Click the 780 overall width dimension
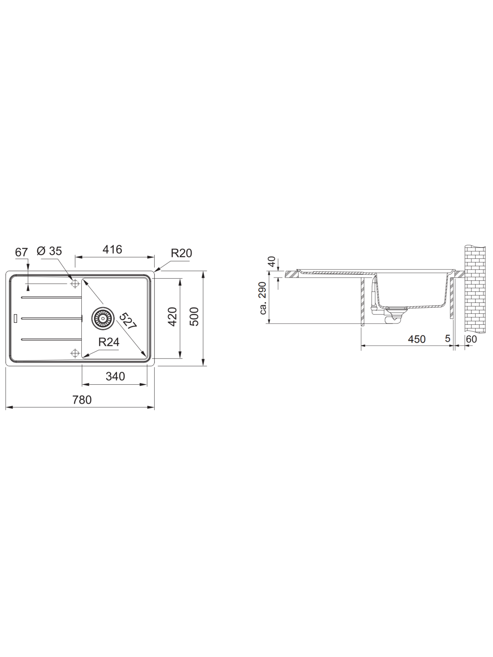82,399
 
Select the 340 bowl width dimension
115,376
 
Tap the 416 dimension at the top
112,249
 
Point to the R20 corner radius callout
181,253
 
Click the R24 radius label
109,342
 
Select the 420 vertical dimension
172,317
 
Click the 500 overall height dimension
193,317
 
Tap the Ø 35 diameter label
49,251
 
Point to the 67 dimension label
21,252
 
